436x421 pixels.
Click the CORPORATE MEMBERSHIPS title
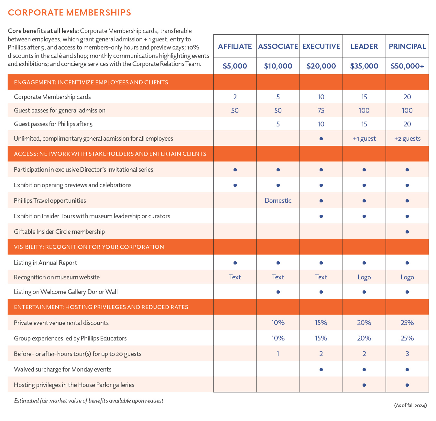69,13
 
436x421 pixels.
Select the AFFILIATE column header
235,46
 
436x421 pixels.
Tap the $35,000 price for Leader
364,66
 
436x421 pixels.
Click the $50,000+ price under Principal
407,66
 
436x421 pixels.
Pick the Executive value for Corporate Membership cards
321,97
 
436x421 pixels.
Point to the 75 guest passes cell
321,111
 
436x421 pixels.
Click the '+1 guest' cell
364,139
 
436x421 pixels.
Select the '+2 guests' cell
407,139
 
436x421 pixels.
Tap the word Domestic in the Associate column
278,200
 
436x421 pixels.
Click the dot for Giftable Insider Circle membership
407,232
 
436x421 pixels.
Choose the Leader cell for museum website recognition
364,277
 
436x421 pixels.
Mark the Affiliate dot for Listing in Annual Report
235,263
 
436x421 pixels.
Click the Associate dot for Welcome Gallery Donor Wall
278,292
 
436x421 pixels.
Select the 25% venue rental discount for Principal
407,323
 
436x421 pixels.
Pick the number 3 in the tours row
407,354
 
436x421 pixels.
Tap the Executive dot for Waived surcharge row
321,370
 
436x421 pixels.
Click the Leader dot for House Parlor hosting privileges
364,385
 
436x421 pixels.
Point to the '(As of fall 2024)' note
410,405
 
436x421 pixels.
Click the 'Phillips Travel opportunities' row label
50,200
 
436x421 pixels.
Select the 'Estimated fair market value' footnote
89,401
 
